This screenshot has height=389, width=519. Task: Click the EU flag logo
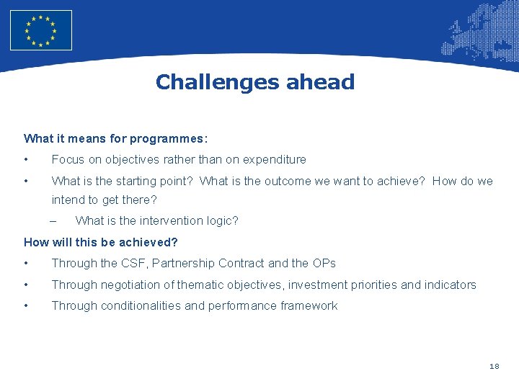pos(41,30)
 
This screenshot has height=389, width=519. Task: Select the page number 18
pos(494,367)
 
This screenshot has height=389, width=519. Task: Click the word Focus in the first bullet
pos(68,159)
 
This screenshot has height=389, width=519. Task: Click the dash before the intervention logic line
pos(54,220)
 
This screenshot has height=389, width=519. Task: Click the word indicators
pos(450,285)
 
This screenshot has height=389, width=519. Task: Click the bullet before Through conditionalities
pos(26,306)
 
